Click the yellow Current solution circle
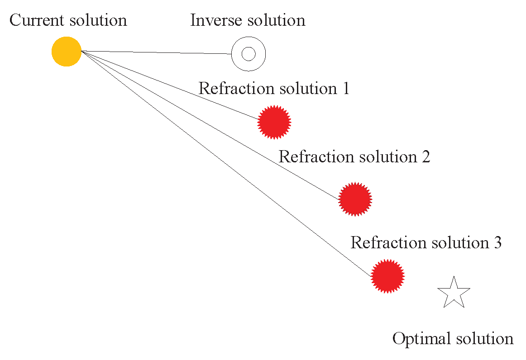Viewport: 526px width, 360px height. (66, 51)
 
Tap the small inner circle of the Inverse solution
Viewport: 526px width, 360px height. (248, 54)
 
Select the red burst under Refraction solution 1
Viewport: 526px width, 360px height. (274, 122)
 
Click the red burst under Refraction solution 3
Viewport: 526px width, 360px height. (387, 276)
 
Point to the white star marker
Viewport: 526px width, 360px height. (454, 293)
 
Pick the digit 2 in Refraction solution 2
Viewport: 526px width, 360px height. (425, 157)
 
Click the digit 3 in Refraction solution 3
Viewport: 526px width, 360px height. (497, 243)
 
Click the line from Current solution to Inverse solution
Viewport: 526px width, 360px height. (156, 52)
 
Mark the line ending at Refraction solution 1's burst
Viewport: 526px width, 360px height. (170, 85)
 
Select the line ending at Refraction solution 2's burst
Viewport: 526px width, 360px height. (210, 125)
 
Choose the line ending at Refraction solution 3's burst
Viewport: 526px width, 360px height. (226, 163)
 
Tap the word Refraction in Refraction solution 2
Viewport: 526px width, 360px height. (316, 157)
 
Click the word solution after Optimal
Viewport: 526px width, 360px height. (484, 339)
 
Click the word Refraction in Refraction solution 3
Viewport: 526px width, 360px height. (387, 243)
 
